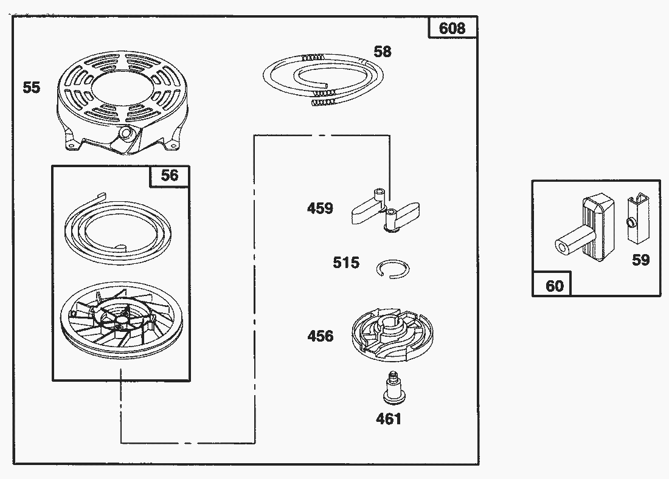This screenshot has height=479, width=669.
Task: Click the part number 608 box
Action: (x=452, y=28)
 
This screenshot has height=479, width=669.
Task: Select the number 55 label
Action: (x=32, y=88)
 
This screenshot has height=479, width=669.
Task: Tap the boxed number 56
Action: (x=170, y=175)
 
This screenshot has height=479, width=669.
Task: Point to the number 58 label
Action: (x=383, y=52)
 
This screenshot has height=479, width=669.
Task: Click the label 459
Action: (x=320, y=208)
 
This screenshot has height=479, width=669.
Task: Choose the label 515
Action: (x=346, y=263)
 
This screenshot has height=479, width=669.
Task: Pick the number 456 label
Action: (x=320, y=336)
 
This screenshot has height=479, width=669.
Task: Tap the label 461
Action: (x=389, y=418)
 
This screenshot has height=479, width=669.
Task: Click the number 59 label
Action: (x=640, y=260)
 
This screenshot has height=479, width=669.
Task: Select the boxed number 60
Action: (x=553, y=286)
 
